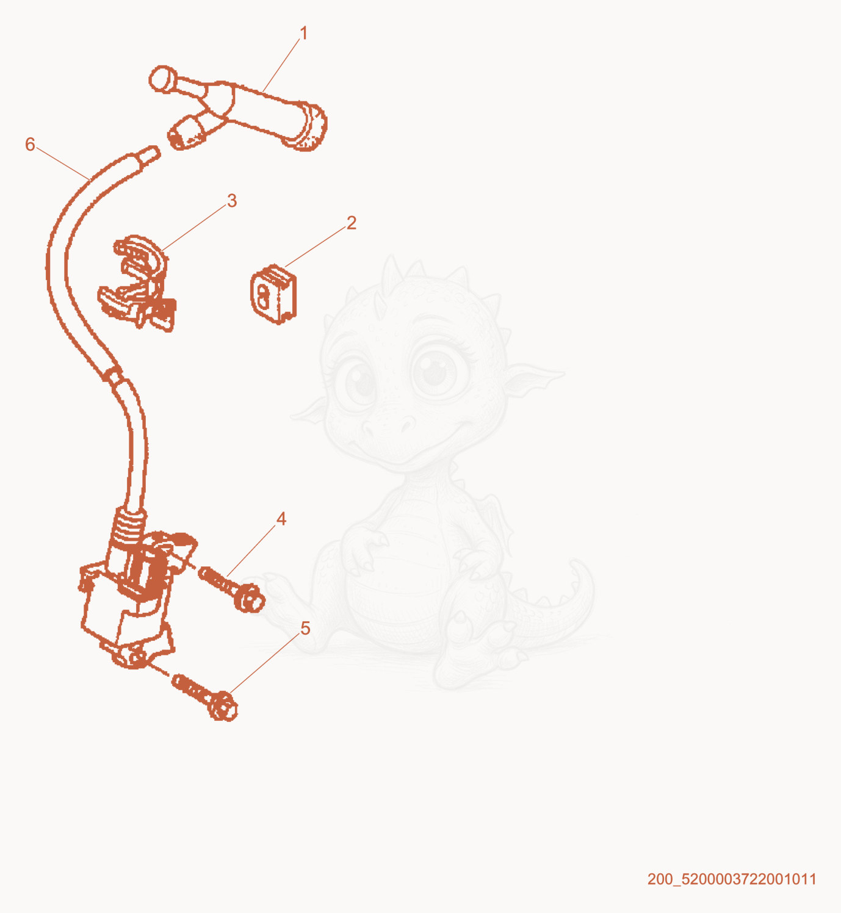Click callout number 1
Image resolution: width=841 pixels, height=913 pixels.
tap(304, 33)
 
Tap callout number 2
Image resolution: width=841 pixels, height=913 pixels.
tap(351, 223)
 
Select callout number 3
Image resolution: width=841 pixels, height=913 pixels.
tap(232, 201)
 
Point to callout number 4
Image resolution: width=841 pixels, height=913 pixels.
tap(281, 519)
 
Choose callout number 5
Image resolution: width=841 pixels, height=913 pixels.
tap(305, 629)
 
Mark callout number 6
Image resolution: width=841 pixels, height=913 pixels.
tap(30, 144)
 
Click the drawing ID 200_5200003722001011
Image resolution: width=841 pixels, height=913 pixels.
tap(732, 879)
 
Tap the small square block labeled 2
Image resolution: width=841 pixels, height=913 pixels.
tap(273, 294)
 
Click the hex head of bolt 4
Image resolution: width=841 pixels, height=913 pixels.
tap(250, 598)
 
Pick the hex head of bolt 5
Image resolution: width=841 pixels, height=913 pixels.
tap(223, 707)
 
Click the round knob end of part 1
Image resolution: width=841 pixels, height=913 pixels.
tap(162, 79)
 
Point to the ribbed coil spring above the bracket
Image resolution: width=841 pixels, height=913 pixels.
tap(129, 529)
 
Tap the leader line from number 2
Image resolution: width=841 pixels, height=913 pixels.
tap(316, 247)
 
